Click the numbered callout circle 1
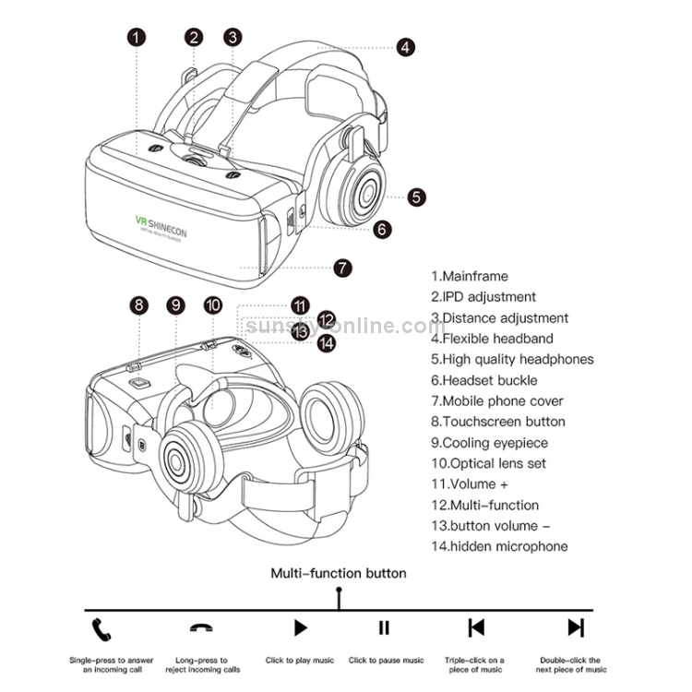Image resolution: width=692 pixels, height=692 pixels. pyautogui.click(x=137, y=38)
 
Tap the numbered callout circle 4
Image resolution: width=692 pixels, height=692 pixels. pyautogui.click(x=406, y=48)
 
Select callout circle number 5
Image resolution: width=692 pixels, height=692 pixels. pyautogui.click(x=417, y=196)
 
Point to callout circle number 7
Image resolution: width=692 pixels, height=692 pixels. pyautogui.click(x=342, y=268)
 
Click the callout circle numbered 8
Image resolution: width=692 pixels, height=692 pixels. pyautogui.click(x=138, y=305)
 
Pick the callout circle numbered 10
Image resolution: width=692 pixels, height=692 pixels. pyautogui.click(x=213, y=305)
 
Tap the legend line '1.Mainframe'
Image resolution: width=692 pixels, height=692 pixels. pyautogui.click(x=470, y=276)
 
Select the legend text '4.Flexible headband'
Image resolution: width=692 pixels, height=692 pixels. pyautogui.click(x=493, y=339)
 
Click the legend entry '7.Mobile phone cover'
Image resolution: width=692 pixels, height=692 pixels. pyautogui.click(x=497, y=400)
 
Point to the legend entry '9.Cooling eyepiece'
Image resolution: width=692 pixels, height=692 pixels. pyautogui.click(x=490, y=443)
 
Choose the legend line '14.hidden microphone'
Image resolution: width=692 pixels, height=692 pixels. pyautogui.click(x=499, y=546)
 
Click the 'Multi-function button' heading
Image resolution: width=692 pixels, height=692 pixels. pyautogui.click(x=338, y=573)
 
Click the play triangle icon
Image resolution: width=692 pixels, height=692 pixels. pyautogui.click(x=300, y=628)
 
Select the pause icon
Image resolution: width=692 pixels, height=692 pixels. pyautogui.click(x=384, y=628)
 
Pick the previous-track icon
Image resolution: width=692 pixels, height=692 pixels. pyautogui.click(x=476, y=628)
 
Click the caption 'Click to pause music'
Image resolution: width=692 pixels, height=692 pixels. pyautogui.click(x=386, y=661)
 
